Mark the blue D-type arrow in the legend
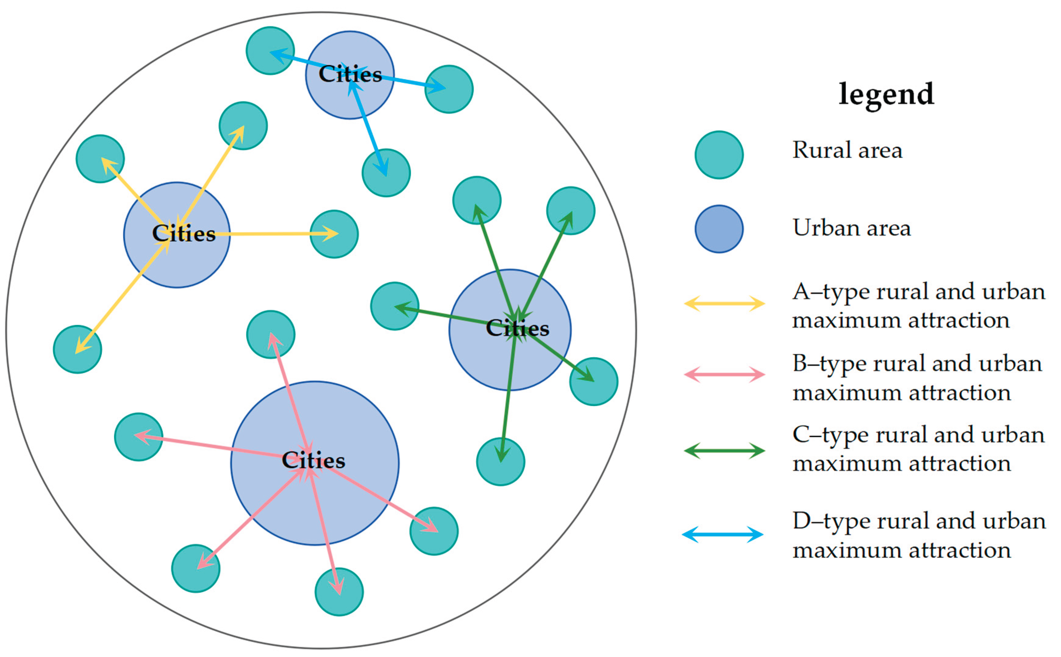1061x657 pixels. pos(722,534)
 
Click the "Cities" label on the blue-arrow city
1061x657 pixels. pos(350,74)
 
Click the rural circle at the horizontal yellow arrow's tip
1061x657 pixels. pos(334,234)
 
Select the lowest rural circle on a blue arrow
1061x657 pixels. pos(386,173)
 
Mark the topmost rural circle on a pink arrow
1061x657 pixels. pos(271,334)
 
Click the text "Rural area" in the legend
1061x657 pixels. pos(847,150)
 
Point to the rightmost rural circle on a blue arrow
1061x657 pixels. pos(449,89)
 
